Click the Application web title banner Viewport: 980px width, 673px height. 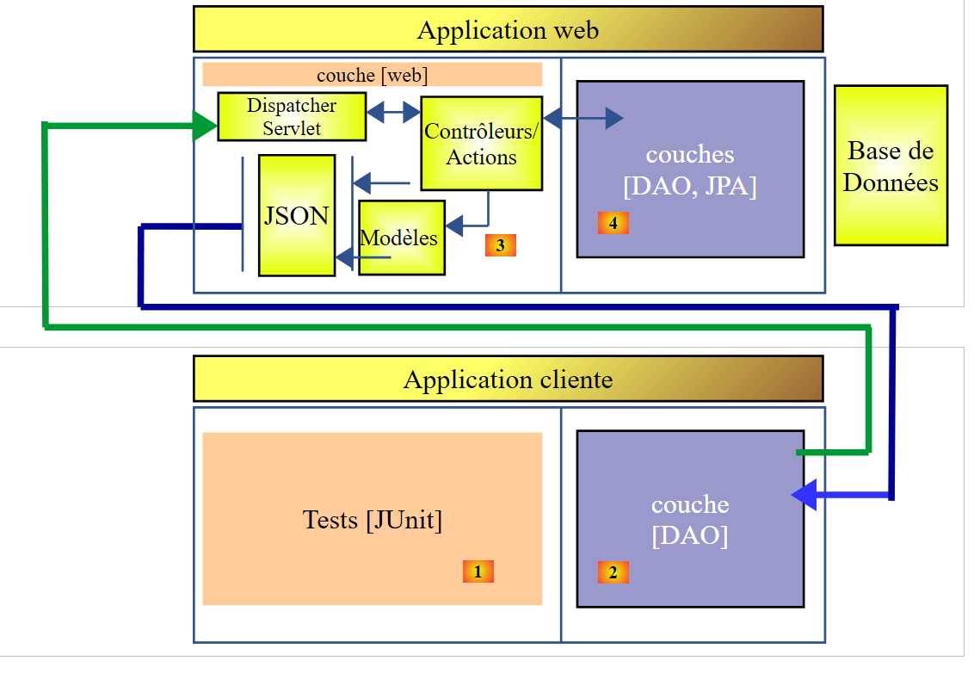(x=508, y=30)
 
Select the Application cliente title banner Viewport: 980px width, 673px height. (x=508, y=380)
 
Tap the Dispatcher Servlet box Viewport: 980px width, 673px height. (x=291, y=117)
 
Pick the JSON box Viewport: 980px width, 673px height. (x=296, y=215)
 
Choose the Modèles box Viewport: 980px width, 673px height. (x=400, y=238)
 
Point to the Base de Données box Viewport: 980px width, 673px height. (x=891, y=165)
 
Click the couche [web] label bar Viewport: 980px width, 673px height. (x=372, y=75)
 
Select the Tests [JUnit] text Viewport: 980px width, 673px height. (x=372, y=520)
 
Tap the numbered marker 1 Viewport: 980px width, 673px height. (x=478, y=571)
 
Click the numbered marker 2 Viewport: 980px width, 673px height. (x=613, y=572)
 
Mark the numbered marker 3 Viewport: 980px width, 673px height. (x=500, y=245)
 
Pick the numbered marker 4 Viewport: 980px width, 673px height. (x=613, y=223)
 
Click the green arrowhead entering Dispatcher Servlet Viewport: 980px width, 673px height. (x=204, y=127)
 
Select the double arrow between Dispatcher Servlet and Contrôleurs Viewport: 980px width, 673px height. (x=393, y=112)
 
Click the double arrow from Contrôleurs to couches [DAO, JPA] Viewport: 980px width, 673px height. (x=582, y=118)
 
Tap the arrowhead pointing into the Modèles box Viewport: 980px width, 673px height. (x=455, y=226)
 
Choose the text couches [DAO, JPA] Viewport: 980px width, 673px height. (x=689, y=170)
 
